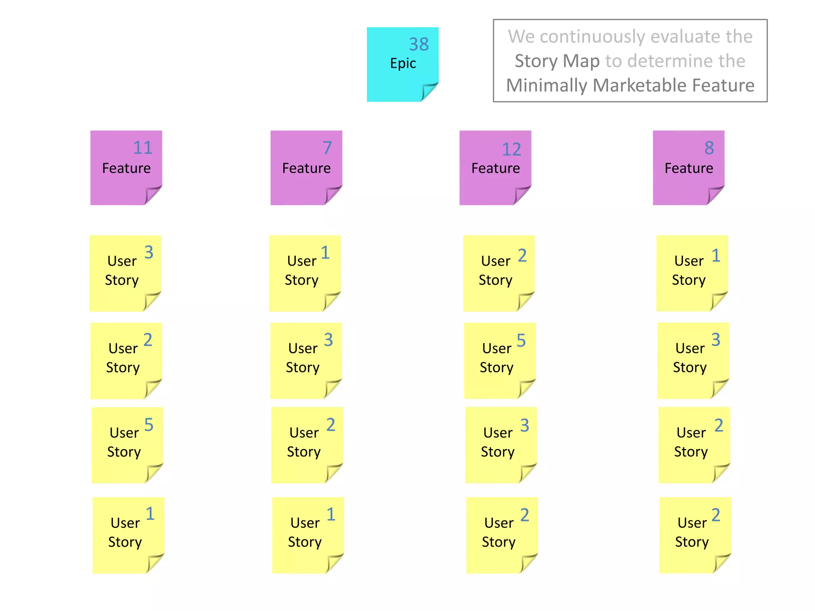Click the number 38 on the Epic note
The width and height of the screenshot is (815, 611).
[x=419, y=44]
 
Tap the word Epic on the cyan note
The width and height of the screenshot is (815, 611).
[x=403, y=63]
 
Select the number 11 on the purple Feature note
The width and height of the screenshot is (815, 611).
[x=142, y=148]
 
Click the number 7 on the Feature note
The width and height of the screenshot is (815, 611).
[x=327, y=148]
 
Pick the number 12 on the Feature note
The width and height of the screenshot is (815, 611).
[x=511, y=150]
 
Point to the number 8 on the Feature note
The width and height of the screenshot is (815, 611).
[x=709, y=148]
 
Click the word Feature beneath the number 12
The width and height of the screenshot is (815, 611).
[x=495, y=168]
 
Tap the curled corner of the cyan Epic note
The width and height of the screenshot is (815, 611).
[x=429, y=91]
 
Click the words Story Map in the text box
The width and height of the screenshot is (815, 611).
[x=557, y=61]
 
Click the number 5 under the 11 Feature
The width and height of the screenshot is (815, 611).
[x=148, y=425]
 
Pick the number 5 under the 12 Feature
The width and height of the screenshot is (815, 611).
[x=521, y=341]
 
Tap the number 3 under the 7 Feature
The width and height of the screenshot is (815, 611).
[x=328, y=340]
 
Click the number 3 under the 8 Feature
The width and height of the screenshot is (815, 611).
[x=716, y=340]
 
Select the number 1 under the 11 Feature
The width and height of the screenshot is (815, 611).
[x=150, y=514]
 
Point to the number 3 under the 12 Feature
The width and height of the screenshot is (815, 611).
[x=524, y=425]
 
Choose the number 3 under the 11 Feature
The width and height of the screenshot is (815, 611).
[x=148, y=252]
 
